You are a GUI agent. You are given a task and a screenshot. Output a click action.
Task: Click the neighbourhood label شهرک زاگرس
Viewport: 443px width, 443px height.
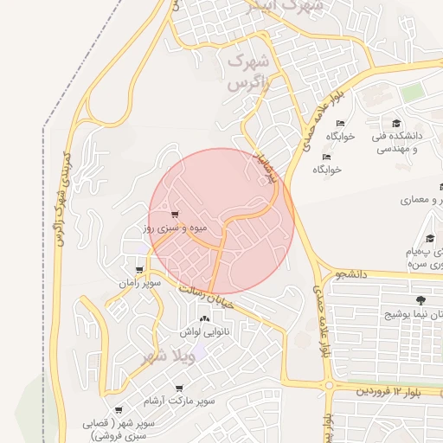coord(248,74)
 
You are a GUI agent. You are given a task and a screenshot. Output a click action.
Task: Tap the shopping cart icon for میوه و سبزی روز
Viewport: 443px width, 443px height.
coord(175,214)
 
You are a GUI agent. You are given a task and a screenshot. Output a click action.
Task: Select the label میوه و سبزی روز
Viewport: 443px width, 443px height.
coord(174,228)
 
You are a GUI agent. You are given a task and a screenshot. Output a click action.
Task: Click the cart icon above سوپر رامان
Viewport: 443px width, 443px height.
coord(139,270)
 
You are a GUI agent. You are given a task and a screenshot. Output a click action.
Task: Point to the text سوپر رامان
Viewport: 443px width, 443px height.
coord(139,283)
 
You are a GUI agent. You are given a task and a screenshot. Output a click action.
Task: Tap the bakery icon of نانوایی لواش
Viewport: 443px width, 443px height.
coord(205,320)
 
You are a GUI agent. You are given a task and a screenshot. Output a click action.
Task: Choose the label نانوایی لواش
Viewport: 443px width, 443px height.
coord(203,332)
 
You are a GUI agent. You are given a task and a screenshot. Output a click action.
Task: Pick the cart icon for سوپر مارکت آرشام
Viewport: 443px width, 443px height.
coord(179,388)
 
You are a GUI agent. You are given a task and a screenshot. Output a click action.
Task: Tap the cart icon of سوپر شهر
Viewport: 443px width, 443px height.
coord(117,411)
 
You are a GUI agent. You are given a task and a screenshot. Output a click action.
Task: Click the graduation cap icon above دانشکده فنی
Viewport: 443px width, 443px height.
coord(396,123)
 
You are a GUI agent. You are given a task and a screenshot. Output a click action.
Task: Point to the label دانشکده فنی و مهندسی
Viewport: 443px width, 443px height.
coord(396,142)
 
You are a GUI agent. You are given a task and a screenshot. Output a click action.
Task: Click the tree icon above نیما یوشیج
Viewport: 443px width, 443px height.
coord(421,300)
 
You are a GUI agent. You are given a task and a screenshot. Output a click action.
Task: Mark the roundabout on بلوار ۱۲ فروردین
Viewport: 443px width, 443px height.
coord(329,385)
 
